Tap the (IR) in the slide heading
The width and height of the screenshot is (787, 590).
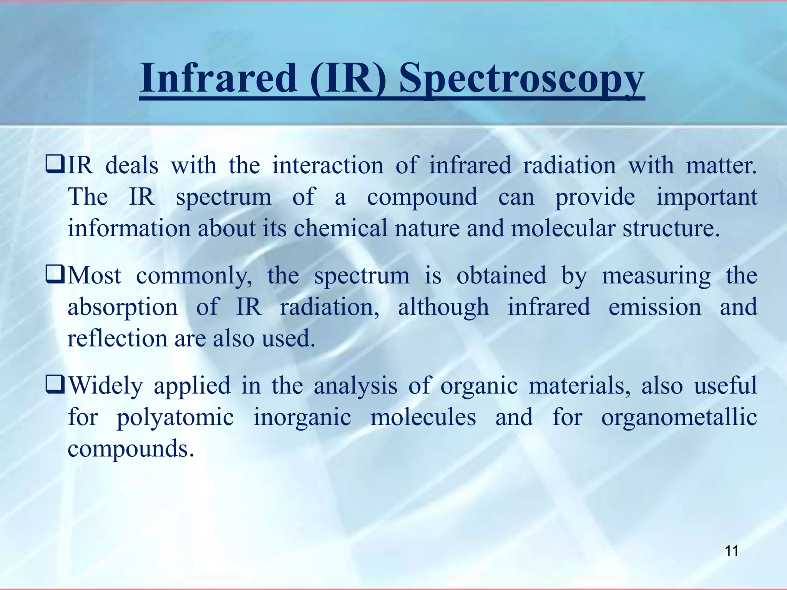coord(348,79)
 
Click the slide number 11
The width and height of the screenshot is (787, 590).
coord(731,551)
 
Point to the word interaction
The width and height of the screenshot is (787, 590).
coord(327,166)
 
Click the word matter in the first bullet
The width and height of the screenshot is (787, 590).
coord(720,166)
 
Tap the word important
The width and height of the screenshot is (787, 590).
coord(706,197)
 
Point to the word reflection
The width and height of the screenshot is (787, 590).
coord(117,339)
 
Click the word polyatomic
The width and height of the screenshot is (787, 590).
coord(175,418)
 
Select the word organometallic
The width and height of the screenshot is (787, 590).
coord(679,417)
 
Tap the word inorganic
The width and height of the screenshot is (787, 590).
coord(302,418)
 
